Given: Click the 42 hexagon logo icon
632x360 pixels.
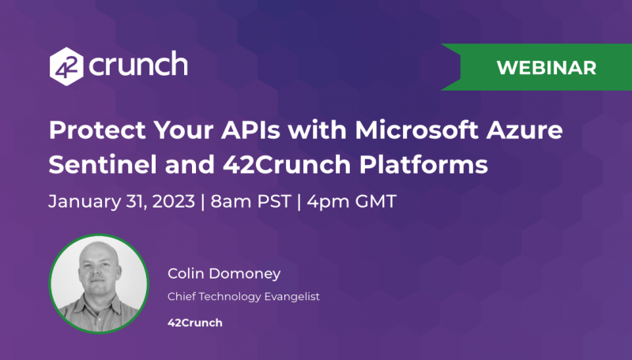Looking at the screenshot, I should (x=66, y=65).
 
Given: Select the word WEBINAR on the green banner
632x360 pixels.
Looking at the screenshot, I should (x=546, y=67).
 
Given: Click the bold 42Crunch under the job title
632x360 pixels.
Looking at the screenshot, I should (x=195, y=322).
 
